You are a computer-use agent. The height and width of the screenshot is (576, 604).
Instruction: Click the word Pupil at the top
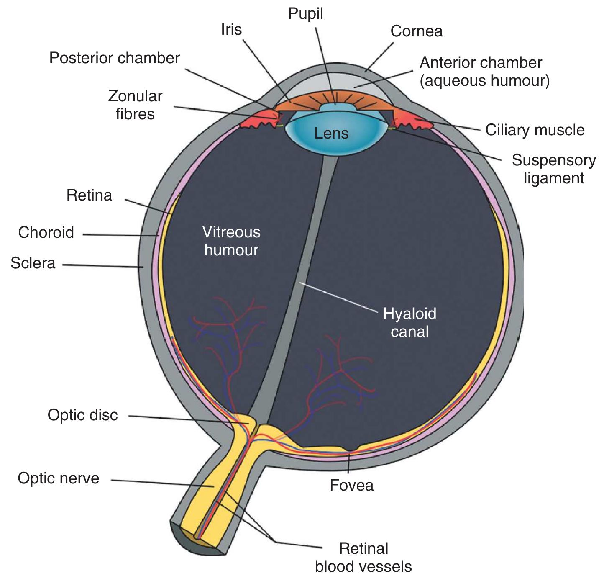pyautogui.click(x=305, y=14)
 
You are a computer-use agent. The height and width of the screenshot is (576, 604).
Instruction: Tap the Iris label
pyautogui.click(x=231, y=30)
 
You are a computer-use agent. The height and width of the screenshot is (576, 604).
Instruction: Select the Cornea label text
pyautogui.click(x=416, y=31)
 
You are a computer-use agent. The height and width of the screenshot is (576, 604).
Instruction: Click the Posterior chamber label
pyautogui.click(x=114, y=58)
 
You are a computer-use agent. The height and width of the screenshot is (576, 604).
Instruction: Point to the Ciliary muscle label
pyautogui.click(x=535, y=130)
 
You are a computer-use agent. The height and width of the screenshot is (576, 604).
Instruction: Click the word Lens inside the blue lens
pyautogui.click(x=331, y=134)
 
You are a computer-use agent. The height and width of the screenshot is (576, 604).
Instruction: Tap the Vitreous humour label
pyautogui.click(x=231, y=241)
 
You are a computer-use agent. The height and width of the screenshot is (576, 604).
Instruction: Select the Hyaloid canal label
pyautogui.click(x=409, y=323)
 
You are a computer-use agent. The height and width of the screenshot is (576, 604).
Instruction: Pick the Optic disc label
pyautogui.click(x=82, y=415)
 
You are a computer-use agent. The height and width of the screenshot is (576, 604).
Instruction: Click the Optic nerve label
pyautogui.click(x=59, y=478)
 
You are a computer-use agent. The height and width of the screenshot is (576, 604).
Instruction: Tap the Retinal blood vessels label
pyautogui.click(x=363, y=558)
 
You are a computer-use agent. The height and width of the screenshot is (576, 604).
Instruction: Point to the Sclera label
pyautogui.click(x=33, y=263)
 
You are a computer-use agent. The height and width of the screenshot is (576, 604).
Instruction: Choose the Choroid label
pyautogui.click(x=46, y=233)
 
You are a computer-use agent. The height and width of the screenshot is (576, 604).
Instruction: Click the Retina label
pyautogui.click(x=89, y=195)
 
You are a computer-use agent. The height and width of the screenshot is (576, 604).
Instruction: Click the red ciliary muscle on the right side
pyautogui.click(x=412, y=119)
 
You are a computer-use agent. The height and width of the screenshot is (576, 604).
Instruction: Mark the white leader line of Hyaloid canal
pyautogui.click(x=339, y=297)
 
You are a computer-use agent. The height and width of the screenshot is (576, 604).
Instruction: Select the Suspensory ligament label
pyautogui.click(x=553, y=169)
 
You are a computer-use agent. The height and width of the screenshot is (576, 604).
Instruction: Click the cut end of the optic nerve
pyautogui.click(x=197, y=540)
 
